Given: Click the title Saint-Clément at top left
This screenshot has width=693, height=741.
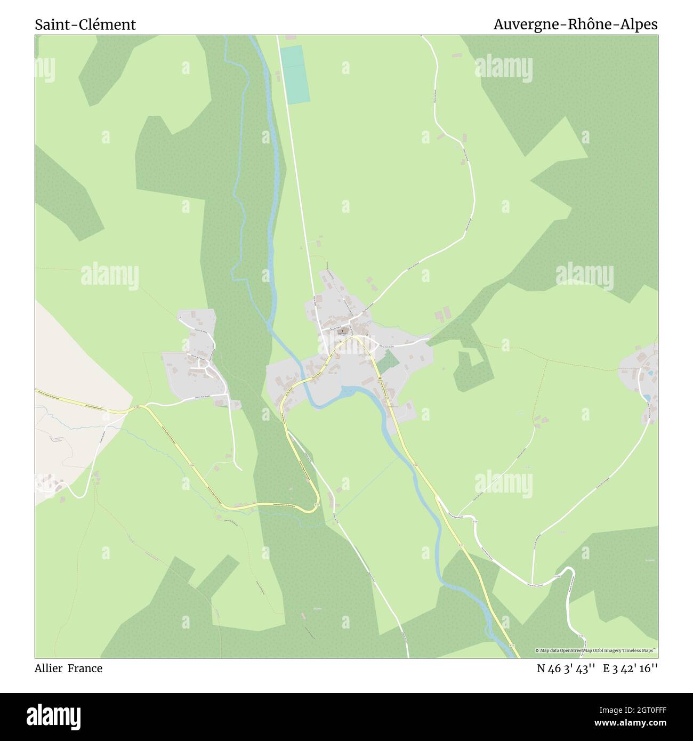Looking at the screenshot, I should point(85,25).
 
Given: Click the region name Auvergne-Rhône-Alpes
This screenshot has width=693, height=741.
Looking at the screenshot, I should point(575,25).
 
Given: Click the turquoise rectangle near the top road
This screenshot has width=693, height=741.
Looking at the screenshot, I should point(295,75).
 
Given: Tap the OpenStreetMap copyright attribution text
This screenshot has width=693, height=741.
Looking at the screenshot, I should point(596,650).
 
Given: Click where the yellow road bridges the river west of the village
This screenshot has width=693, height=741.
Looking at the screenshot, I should point(305,379).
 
